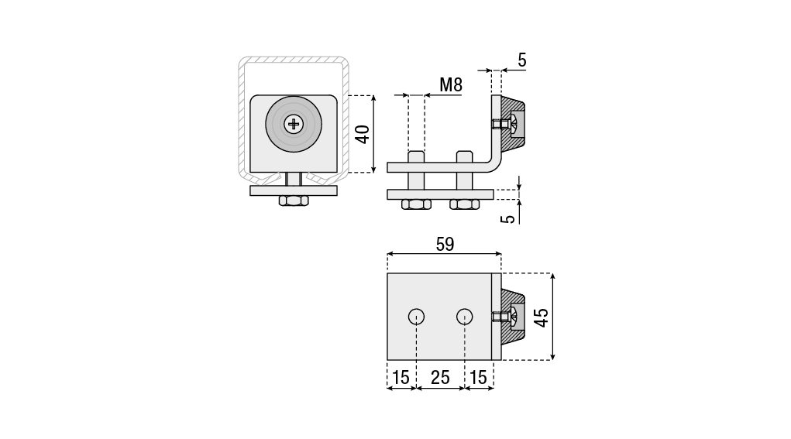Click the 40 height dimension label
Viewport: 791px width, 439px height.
(x=362, y=133)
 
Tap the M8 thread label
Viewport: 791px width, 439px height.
(x=450, y=85)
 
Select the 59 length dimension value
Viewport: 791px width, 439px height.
(x=444, y=244)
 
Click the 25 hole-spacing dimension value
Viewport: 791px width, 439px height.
(x=440, y=377)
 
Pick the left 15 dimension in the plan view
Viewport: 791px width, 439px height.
(x=401, y=377)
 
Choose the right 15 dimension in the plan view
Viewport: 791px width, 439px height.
(x=478, y=377)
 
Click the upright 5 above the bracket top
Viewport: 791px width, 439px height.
(x=521, y=60)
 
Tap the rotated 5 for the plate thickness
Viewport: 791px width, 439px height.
(x=508, y=218)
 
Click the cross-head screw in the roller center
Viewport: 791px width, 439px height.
(x=294, y=123)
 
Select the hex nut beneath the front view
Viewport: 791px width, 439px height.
(x=294, y=201)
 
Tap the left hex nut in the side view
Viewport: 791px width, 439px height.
(x=416, y=204)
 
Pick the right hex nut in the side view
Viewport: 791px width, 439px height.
(x=464, y=204)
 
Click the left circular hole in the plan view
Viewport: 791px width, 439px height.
(x=416, y=316)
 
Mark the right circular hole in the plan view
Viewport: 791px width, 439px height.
(x=464, y=316)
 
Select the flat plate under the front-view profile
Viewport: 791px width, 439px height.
(x=294, y=190)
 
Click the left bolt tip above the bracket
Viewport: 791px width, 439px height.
(x=416, y=156)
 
